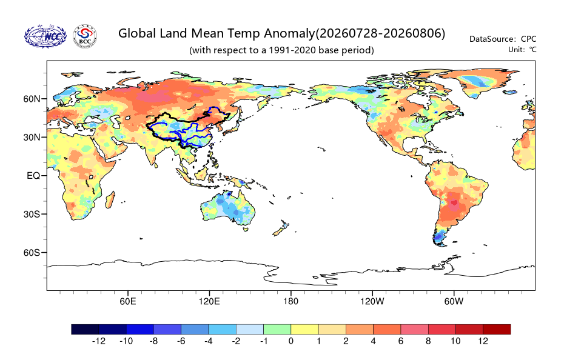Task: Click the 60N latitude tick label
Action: point(32,99)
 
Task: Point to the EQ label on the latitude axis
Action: point(33,176)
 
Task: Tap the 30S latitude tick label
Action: point(32,215)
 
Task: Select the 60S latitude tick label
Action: point(32,253)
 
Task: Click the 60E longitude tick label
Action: point(128,301)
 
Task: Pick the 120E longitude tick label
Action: point(209,301)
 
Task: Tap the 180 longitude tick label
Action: point(290,301)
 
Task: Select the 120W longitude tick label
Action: point(372,301)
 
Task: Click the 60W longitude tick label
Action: point(454,301)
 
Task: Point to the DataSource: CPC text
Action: point(503,39)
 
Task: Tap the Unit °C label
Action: point(522,50)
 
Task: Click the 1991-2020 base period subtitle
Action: point(281,50)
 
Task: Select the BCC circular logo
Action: point(85,36)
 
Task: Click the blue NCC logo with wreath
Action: point(45,36)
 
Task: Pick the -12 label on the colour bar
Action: point(99,341)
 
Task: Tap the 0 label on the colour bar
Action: point(290,341)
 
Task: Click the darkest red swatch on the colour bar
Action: point(497,330)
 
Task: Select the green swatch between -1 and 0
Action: point(277,330)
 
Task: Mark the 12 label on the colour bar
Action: point(483,341)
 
